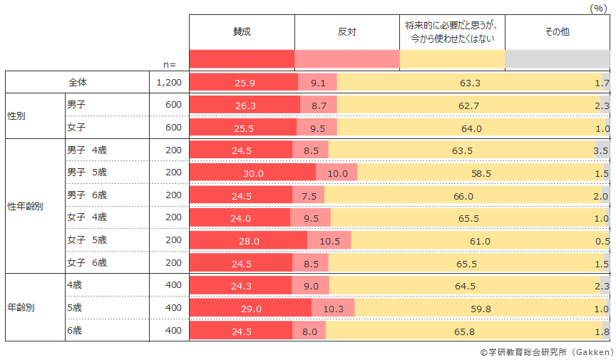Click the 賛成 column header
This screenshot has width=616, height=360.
click(x=242, y=32)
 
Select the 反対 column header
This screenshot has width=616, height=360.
click(x=346, y=32)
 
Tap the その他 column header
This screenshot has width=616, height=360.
click(x=557, y=32)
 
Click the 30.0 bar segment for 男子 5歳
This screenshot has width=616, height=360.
click(x=252, y=173)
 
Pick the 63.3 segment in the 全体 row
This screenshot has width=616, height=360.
click(x=470, y=83)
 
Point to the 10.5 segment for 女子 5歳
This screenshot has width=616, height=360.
click(x=329, y=241)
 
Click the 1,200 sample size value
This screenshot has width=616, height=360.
click(x=169, y=83)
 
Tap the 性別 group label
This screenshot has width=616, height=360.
click(x=16, y=115)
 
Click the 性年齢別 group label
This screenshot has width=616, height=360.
click(x=25, y=207)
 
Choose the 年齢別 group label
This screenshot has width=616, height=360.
click(x=21, y=308)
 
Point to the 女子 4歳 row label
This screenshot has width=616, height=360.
click(x=86, y=217)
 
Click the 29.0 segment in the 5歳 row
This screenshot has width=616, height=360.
click(x=250, y=309)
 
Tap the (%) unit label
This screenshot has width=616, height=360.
click(x=597, y=8)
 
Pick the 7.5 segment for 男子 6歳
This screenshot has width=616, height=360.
click(x=309, y=196)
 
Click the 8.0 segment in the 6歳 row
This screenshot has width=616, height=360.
click(x=309, y=331)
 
